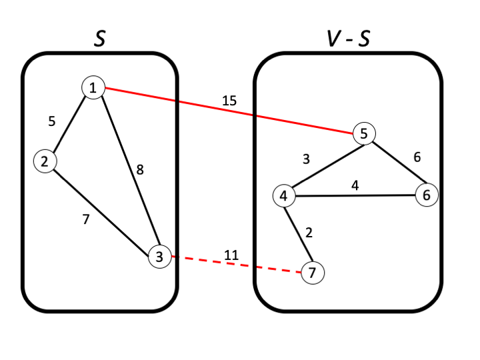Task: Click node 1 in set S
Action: pyautogui.click(x=93, y=87)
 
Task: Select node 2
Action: pyautogui.click(x=45, y=161)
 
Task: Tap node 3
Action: pyautogui.click(x=159, y=256)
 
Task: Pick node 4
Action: pyautogui.click(x=283, y=196)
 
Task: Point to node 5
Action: pyautogui.click(x=364, y=133)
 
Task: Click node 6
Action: pyautogui.click(x=426, y=195)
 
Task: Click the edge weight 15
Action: pyautogui.click(x=229, y=101)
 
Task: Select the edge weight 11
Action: pyautogui.click(x=231, y=255)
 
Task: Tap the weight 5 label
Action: pyautogui.click(x=52, y=121)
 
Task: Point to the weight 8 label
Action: pyautogui.click(x=139, y=170)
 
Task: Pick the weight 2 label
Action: pyautogui.click(x=308, y=233)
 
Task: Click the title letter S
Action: pyautogui.click(x=99, y=39)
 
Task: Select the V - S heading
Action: pyautogui.click(x=348, y=39)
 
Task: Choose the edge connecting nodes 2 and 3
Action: pyautogui.click(x=100, y=207)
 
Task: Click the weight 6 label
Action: pyautogui.click(x=417, y=157)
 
